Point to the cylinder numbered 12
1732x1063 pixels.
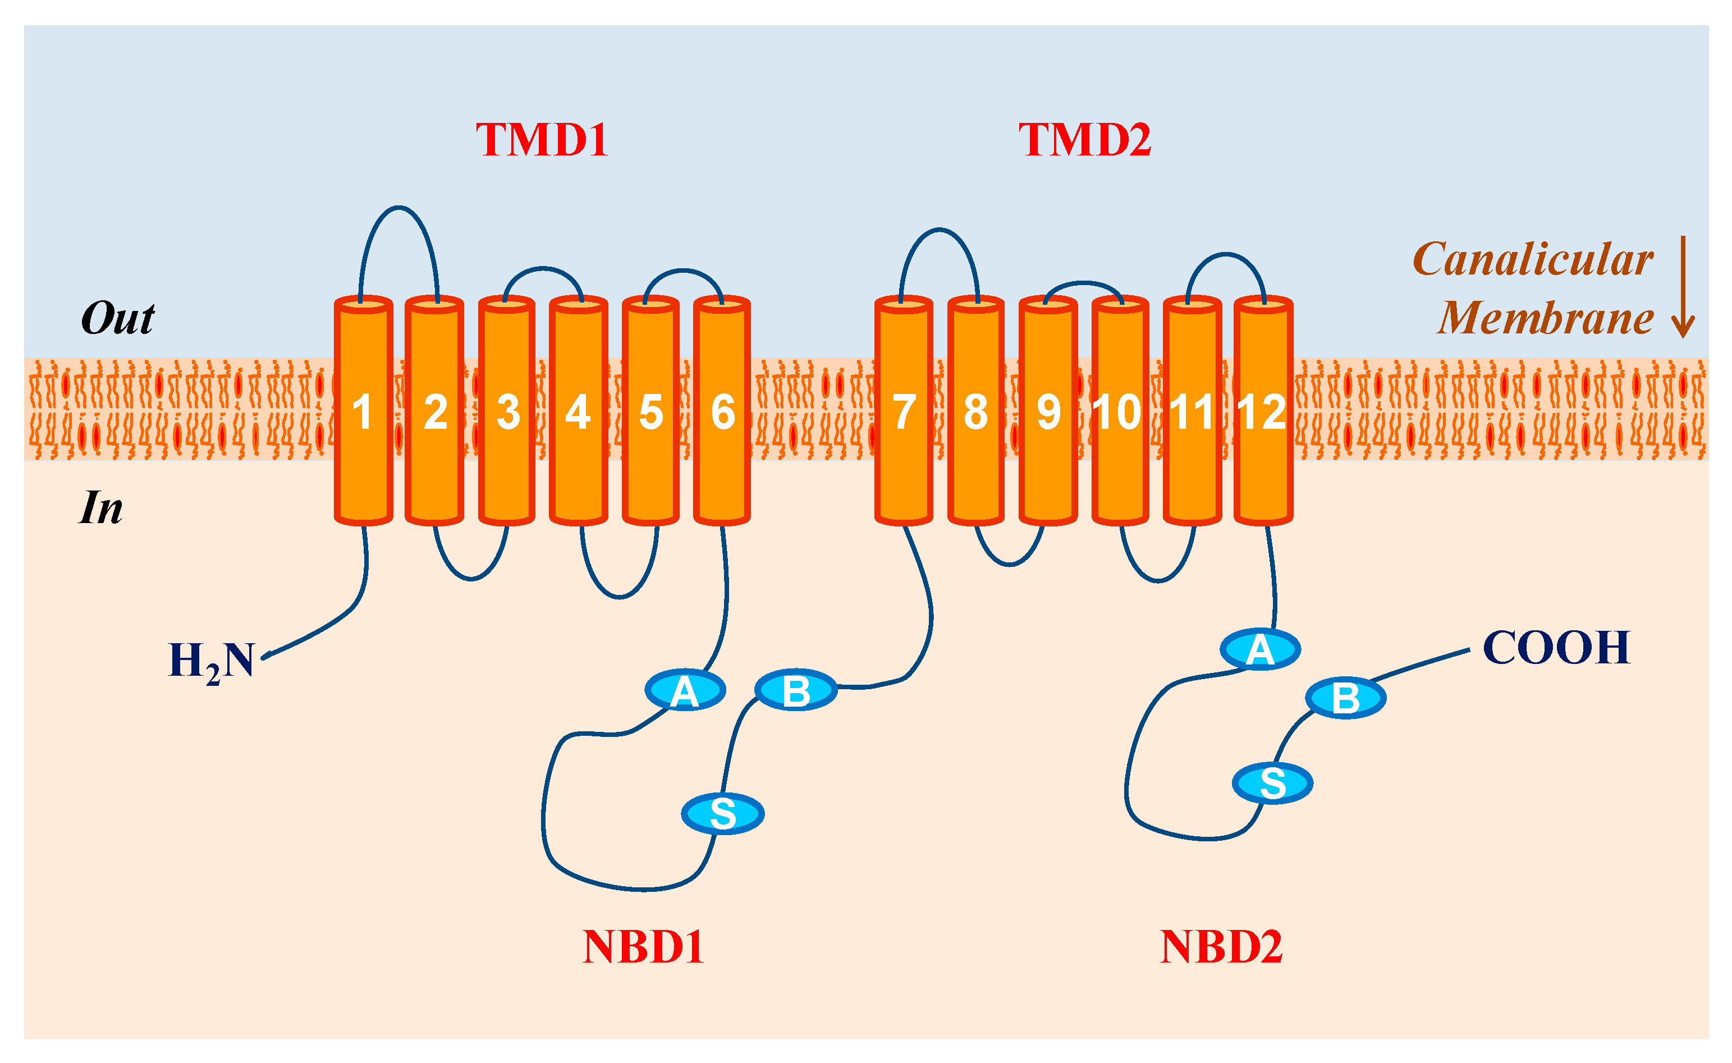tap(1263, 412)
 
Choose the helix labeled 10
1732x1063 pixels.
tap(1120, 412)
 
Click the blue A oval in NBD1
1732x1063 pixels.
tap(685, 690)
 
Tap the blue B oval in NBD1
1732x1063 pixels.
tap(796, 690)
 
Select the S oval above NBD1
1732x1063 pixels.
tap(723, 813)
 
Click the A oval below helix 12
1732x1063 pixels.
tap(1259, 649)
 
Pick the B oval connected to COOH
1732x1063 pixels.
tap(1345, 698)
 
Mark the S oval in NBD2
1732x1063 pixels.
tap(1272, 782)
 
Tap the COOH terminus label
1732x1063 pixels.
tap(1556, 648)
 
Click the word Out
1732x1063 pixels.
tap(117, 318)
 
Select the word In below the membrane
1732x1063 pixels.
tap(100, 507)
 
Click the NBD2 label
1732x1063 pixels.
tap(1221, 947)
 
